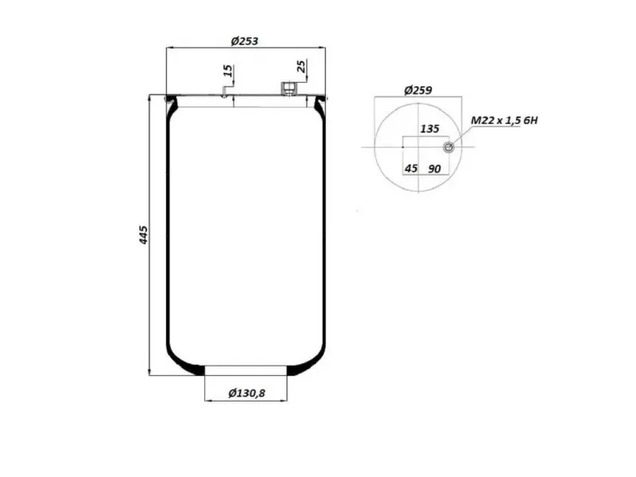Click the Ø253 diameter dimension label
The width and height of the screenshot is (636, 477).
coord(244,41)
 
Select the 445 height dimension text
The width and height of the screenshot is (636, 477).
coord(144,235)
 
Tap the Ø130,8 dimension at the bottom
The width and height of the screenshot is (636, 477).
coord(246,393)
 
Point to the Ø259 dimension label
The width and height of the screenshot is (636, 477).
coord(418,90)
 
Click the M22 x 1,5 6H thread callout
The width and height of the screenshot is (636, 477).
coord(504,121)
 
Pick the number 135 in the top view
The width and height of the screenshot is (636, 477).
coord(429,129)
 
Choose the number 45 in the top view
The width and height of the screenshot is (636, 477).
coord(411,168)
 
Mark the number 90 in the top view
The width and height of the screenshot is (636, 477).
coord(434,169)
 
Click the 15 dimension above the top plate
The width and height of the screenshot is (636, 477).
coord(228,71)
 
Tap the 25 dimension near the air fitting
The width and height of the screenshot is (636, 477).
coord(301,66)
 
